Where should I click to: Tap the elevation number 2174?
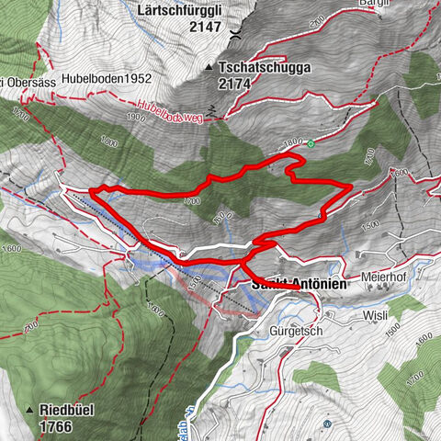click(235, 84)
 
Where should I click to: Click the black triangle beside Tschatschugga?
click(209, 68)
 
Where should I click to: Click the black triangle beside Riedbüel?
click(31, 411)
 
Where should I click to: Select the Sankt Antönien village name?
click(299, 286)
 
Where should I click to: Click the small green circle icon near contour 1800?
click(311, 142)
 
